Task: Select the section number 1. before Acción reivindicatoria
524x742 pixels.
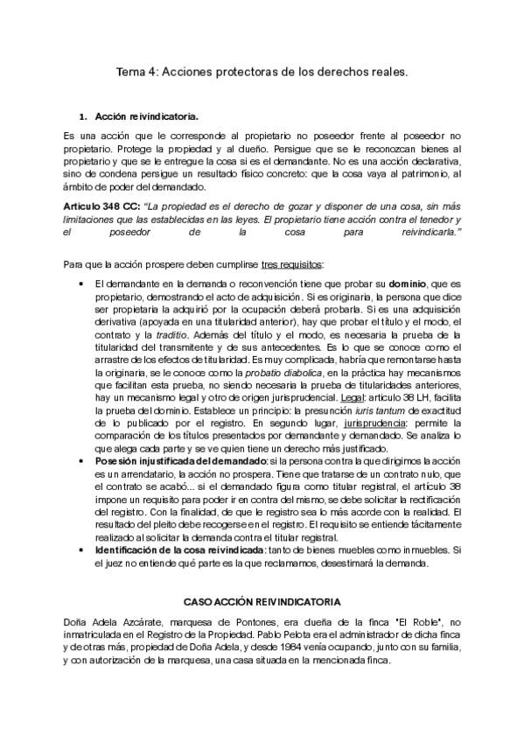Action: click(83, 116)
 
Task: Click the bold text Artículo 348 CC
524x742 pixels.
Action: click(100, 204)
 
